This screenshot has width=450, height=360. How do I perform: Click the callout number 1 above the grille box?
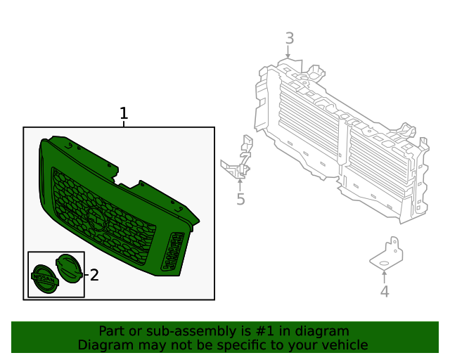[124, 113]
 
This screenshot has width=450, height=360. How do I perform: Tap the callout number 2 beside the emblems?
[94, 275]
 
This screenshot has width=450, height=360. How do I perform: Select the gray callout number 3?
[289, 39]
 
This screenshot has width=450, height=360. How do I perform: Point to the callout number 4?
[385, 291]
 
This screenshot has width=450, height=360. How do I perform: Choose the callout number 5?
[240, 200]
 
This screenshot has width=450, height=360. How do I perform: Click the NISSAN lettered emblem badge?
[44, 278]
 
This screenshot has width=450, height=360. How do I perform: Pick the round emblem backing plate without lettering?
[69, 269]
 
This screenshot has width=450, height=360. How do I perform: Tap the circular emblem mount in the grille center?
[96, 220]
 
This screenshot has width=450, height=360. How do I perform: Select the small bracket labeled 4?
[385, 254]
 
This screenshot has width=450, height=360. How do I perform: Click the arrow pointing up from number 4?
[385, 276]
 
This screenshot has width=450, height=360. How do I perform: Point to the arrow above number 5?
[240, 185]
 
